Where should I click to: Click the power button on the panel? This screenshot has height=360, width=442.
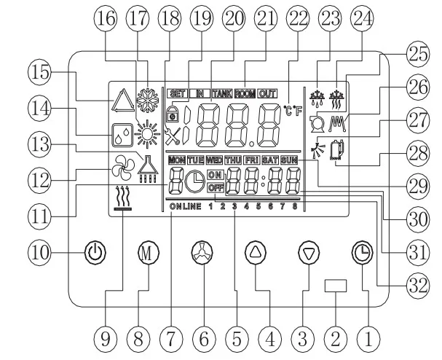[95, 252]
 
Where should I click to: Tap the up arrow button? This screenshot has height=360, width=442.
[256, 252]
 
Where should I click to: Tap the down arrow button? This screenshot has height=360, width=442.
[309, 252]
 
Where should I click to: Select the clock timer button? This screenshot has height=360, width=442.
[363, 252]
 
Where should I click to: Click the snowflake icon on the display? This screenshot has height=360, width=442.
[147, 100]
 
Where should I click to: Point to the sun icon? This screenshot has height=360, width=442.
[147, 133]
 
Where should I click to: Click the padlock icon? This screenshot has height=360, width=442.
[173, 114]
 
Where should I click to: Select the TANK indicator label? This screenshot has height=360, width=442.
[222, 93]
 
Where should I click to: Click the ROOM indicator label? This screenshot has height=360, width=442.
[245, 93]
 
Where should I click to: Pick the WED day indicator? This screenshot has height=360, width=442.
[214, 160]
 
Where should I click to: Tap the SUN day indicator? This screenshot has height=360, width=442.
[289, 160]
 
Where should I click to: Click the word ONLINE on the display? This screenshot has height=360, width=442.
[186, 206]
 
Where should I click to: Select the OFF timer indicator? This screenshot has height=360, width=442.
[216, 187]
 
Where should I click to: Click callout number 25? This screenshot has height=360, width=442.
[418, 54]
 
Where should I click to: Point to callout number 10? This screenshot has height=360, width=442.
[40, 252]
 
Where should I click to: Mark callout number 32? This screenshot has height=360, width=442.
[418, 286]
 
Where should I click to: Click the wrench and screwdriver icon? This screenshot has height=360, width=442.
[173, 136]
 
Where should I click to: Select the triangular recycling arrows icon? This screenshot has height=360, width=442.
[123, 101]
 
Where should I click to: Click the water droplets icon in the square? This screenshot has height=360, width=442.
[122, 136]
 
